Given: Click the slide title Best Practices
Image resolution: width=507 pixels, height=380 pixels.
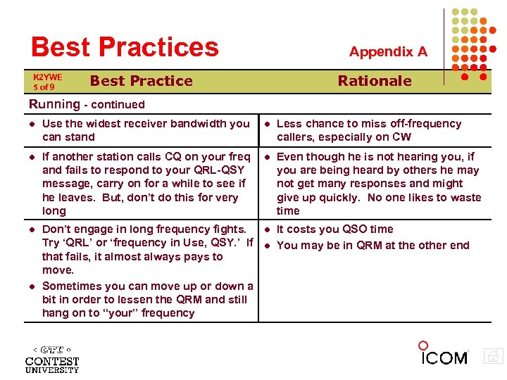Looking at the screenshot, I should pyautogui.click(x=125, y=47).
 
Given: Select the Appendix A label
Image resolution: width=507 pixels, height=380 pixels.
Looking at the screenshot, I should pyautogui.click(x=388, y=51).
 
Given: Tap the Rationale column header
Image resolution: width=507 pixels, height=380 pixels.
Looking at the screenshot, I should pyautogui.click(x=375, y=81).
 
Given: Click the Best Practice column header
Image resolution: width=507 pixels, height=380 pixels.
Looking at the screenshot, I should pyautogui.click(x=141, y=81).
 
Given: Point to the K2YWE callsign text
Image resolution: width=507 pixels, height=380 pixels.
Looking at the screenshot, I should pyautogui.click(x=48, y=77).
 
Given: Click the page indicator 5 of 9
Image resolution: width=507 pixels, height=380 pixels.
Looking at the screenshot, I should pyautogui.click(x=44, y=87).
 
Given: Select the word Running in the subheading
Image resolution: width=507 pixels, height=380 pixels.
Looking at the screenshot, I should pyautogui.click(x=54, y=104).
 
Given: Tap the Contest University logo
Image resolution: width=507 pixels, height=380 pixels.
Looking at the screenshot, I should pyautogui.click(x=52, y=359).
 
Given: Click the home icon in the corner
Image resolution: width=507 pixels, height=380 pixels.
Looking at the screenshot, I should pyautogui.click(x=494, y=357).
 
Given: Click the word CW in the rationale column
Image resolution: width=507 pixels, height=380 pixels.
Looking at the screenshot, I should pyautogui.click(x=401, y=137).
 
